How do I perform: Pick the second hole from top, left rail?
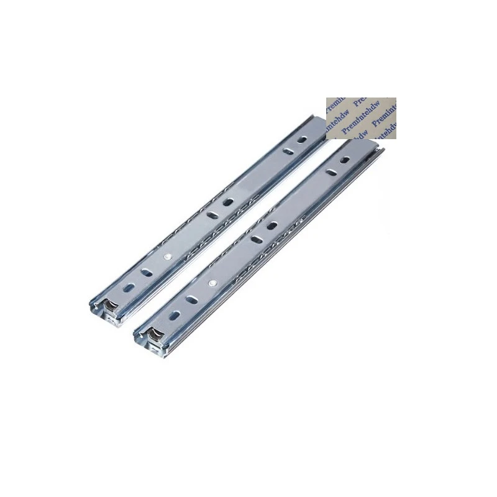pos(288,151)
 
